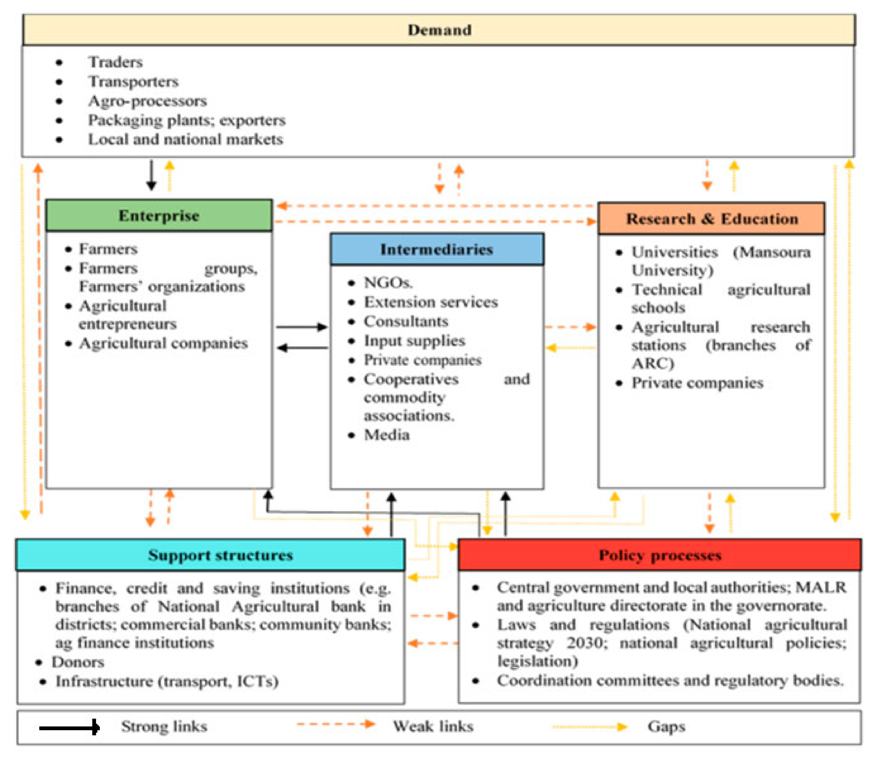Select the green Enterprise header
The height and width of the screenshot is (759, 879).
pyautogui.click(x=159, y=216)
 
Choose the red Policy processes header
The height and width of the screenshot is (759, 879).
pyautogui.click(x=660, y=555)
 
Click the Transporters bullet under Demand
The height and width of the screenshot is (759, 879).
pyautogui.click(x=133, y=82)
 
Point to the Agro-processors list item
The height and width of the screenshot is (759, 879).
pyautogui.click(x=147, y=101)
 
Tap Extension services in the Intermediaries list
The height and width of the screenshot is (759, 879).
pyautogui.click(x=430, y=302)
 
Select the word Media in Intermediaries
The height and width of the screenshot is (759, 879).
pyautogui.click(x=386, y=435)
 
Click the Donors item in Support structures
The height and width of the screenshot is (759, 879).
pyautogui.click(x=78, y=662)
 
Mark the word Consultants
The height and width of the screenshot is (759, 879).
pyautogui.click(x=405, y=322)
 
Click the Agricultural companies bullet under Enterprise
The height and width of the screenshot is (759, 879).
pyautogui.click(x=163, y=343)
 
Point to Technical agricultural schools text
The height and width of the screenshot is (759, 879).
pyautogui.click(x=720, y=298)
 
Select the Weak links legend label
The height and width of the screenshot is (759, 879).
pyautogui.click(x=433, y=726)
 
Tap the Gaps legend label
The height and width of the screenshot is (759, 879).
pyautogui.click(x=666, y=726)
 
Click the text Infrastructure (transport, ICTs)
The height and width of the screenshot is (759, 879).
pyautogui.click(x=167, y=681)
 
